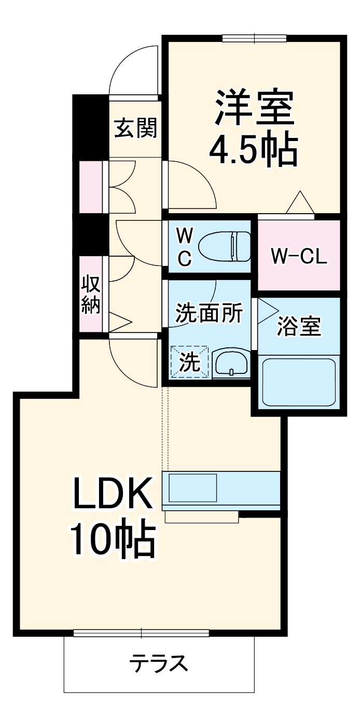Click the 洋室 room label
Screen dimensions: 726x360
click(254, 107)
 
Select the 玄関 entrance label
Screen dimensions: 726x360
click(135, 128)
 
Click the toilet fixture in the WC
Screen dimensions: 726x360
click(225, 246)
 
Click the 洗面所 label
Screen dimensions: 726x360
click(209, 313)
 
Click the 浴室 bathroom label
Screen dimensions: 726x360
click(299, 327)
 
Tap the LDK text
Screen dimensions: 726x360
click(113, 493)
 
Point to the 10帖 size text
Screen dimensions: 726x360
click(113, 540)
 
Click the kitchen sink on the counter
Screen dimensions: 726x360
click(192, 487)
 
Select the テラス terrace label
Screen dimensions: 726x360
click(158, 663)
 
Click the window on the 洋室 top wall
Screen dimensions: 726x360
click(254, 38)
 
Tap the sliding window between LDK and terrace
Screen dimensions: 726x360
click(141, 633)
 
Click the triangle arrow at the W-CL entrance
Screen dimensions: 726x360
click(300, 203)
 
